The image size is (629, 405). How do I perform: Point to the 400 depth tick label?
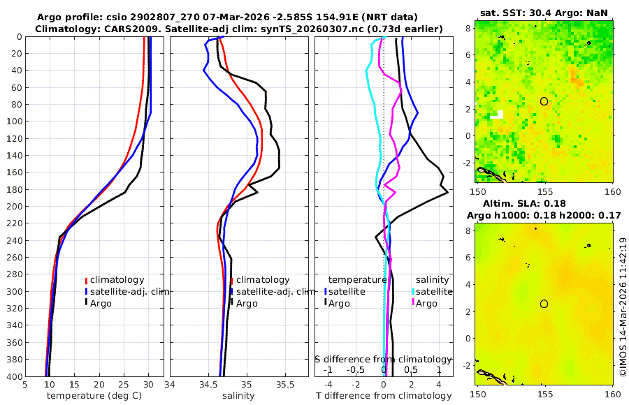(x=14, y=376)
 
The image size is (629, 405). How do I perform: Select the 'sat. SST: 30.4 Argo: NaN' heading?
(x=544, y=12)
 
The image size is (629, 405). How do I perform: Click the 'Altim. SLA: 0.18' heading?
(x=543, y=202)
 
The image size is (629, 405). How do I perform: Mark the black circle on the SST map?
(x=544, y=101)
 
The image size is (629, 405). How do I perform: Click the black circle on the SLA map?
(x=544, y=304)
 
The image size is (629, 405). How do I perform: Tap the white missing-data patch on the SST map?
(x=498, y=115)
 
